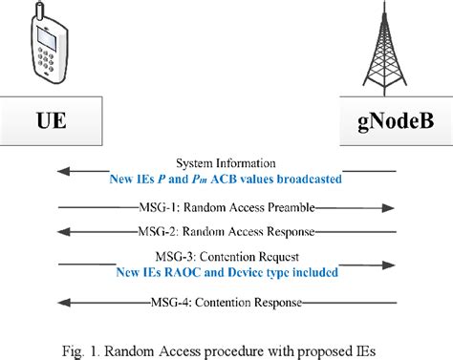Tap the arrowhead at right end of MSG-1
coord(391,206)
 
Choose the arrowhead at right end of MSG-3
coord(391,264)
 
